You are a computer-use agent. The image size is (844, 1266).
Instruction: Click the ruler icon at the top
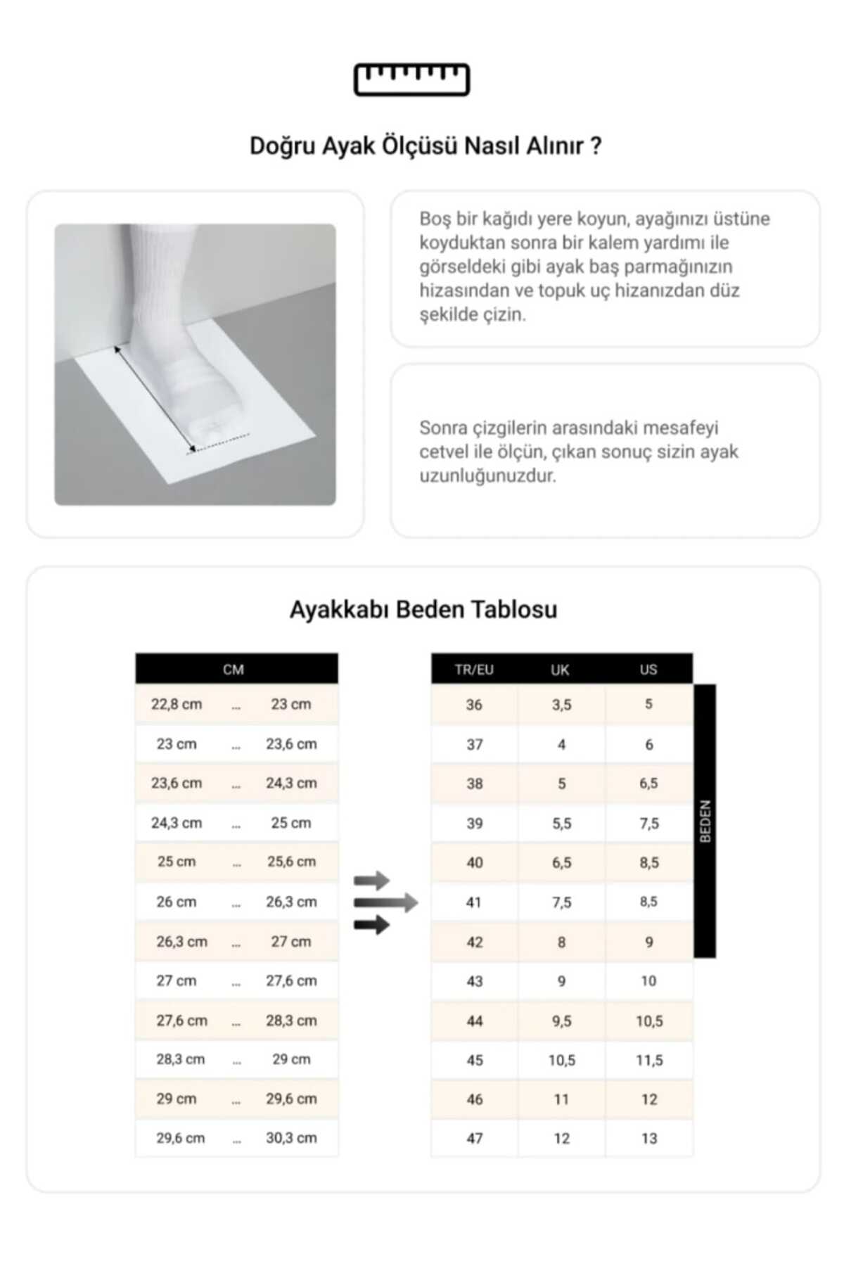(x=411, y=79)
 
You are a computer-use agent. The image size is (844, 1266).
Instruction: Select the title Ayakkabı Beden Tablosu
(x=423, y=609)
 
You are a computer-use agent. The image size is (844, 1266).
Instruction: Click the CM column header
(x=234, y=670)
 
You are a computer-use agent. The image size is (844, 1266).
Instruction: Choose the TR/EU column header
(x=474, y=670)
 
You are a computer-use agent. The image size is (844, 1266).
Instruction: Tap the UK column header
(x=560, y=670)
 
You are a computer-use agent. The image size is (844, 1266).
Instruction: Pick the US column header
(x=648, y=670)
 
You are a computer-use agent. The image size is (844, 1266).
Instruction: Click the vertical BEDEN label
(x=705, y=821)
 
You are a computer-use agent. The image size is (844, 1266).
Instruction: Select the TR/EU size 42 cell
(x=475, y=942)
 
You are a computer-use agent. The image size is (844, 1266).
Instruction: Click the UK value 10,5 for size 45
(x=561, y=1060)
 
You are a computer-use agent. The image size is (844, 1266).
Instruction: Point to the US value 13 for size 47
(x=649, y=1138)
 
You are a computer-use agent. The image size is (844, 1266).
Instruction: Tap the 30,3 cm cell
(x=291, y=1137)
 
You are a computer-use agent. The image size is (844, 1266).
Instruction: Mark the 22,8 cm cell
(x=177, y=704)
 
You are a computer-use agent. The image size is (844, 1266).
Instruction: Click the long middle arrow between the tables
(x=385, y=902)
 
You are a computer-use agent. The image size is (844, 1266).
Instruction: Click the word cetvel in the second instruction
(x=442, y=452)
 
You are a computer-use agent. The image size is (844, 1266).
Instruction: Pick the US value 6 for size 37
(x=649, y=744)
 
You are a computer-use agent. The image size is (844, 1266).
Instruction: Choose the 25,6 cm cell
(x=291, y=862)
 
